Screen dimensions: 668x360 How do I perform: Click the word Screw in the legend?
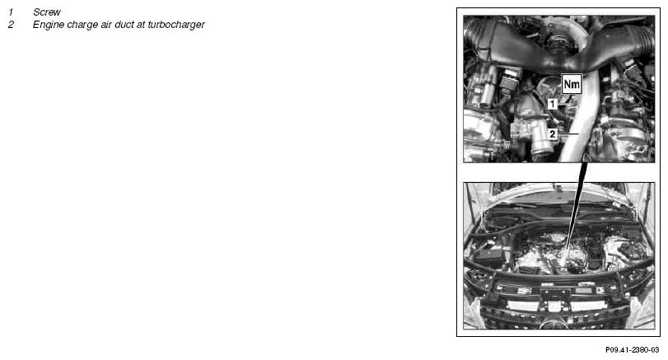47,12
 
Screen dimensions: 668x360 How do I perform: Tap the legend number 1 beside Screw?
11,12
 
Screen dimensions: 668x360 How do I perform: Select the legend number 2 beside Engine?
11,25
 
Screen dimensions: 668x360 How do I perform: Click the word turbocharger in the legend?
176,25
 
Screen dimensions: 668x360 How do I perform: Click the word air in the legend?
105,25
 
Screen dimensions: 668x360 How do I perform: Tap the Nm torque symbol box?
572,84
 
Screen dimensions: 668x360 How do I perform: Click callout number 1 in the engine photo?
553,104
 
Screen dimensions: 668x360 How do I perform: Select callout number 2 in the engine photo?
553,134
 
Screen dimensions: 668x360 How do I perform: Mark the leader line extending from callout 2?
568,134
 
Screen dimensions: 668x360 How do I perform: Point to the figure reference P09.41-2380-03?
633,350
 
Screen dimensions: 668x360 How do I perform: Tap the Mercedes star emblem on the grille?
554,325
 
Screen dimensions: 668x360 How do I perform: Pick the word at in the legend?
141,25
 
